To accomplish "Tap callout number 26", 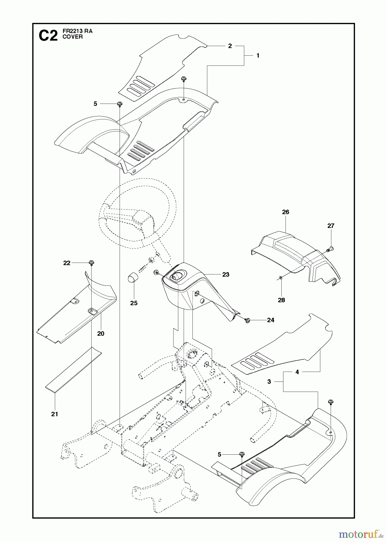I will click(286, 212).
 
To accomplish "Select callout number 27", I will click(331, 226).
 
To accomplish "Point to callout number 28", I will click(281, 300).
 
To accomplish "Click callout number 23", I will click(226, 274).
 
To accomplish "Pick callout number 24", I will click(270, 320).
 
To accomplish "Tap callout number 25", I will click(134, 303).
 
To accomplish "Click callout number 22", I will click(67, 263).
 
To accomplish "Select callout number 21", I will click(54, 414).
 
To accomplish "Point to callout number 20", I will click(101, 333).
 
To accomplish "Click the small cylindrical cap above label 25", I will click(131, 277).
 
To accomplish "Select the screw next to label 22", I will click(90, 263).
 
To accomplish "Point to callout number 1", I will click(258, 55).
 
